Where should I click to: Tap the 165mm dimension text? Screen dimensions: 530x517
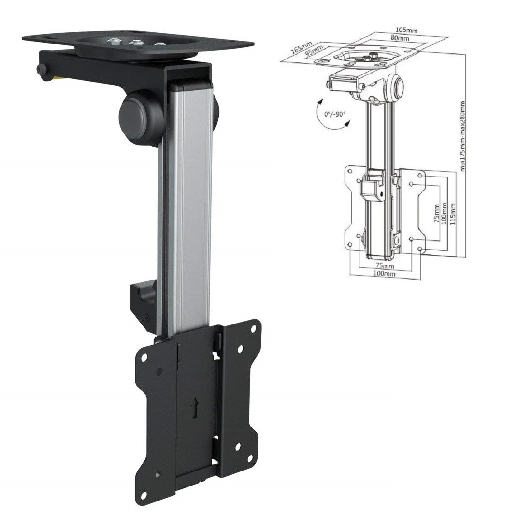(x=301, y=47)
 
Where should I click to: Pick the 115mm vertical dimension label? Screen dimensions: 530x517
(x=453, y=210)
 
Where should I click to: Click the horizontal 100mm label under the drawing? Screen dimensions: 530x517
(x=385, y=274)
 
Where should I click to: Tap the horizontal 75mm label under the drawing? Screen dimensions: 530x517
(x=385, y=266)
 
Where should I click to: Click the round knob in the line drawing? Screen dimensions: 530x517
(x=399, y=87)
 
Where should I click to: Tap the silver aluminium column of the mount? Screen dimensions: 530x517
(x=189, y=203)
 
